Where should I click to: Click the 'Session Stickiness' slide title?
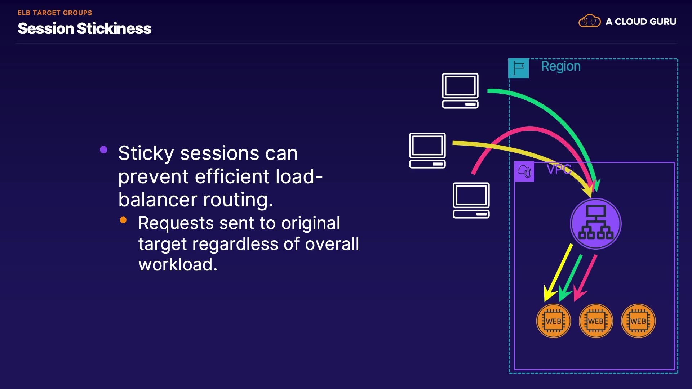(x=85, y=28)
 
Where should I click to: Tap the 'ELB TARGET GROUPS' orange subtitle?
(x=55, y=13)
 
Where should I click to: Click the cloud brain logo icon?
(x=589, y=21)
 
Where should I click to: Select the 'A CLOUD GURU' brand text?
(x=641, y=22)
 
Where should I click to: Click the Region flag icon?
(x=518, y=68)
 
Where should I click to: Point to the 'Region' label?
(x=561, y=66)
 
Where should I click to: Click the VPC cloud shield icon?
(x=524, y=171)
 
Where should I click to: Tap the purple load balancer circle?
(x=595, y=224)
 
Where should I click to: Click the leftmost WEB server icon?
(x=554, y=321)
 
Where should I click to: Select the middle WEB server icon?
(x=596, y=321)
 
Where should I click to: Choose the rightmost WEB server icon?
(x=638, y=321)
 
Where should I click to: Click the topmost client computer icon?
(x=460, y=91)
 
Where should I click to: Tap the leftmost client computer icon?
(x=427, y=151)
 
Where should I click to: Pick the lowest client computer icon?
(x=471, y=200)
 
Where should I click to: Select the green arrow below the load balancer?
(x=570, y=278)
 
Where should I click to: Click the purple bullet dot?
(x=103, y=149)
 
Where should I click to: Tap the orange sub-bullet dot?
(x=123, y=220)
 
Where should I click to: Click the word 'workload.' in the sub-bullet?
(x=178, y=265)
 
